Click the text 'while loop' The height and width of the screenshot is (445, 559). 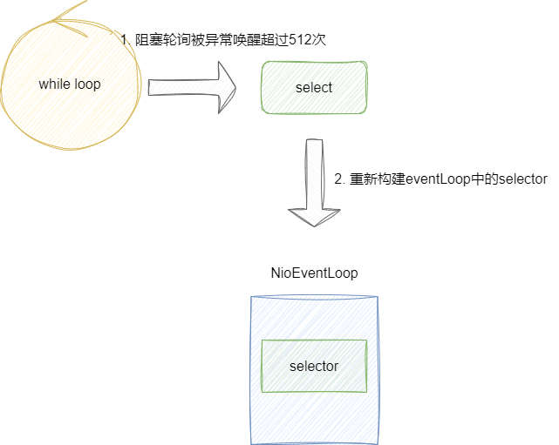point(70,84)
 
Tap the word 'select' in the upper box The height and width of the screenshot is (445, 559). point(314,88)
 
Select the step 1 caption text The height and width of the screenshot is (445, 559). point(223,40)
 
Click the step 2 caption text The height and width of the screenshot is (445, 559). point(440,179)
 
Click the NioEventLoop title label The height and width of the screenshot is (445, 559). point(315,273)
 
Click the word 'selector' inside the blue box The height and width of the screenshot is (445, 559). point(314,367)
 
